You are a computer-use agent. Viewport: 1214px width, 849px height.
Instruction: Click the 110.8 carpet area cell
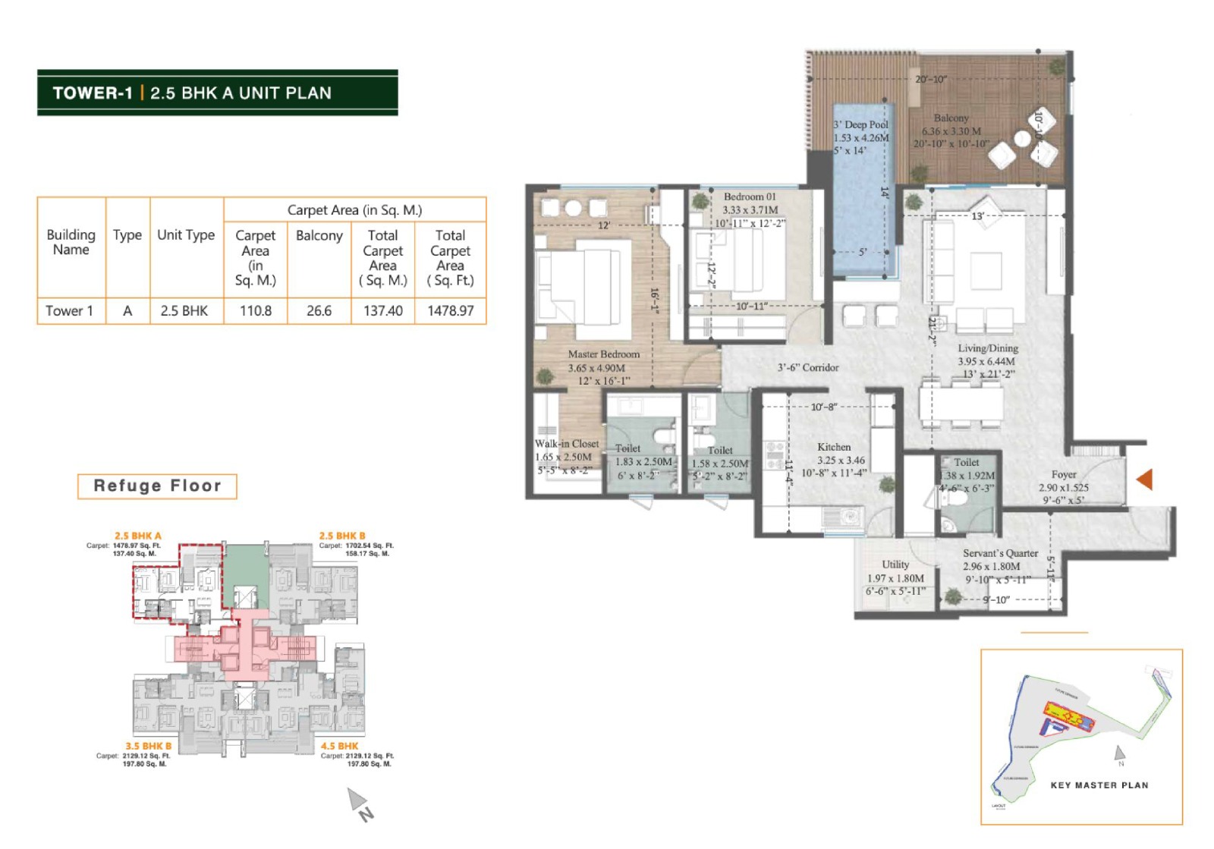point(256,310)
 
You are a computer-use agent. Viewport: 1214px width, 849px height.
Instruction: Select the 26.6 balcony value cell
point(319,310)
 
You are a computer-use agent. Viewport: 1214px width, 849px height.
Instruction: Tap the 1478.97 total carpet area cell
point(450,310)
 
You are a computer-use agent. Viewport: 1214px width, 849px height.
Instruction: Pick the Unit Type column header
point(186,235)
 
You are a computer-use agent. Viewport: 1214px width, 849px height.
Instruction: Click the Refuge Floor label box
point(157,486)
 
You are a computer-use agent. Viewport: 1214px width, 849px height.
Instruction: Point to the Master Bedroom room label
point(604,354)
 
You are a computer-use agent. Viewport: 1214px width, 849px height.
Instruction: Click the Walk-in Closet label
point(567,444)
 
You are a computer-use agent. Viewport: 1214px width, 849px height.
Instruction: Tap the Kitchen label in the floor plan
point(834,447)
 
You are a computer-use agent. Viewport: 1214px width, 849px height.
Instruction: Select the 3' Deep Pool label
point(860,124)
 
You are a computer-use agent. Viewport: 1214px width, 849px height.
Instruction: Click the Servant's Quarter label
point(1000,553)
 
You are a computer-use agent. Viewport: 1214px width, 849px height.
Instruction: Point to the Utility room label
point(895,564)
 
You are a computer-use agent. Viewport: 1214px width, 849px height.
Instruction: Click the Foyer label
point(1064,474)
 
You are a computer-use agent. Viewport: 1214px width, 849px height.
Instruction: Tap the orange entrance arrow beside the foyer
point(1145,479)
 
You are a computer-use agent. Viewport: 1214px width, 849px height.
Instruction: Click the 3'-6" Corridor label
point(808,367)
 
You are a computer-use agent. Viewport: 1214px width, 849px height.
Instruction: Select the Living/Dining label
point(987,348)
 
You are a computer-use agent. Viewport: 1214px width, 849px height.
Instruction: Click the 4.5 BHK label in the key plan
point(339,746)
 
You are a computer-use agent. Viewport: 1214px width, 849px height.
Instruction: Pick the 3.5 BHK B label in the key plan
point(149,746)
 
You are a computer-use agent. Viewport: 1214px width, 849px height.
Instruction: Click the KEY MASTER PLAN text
point(1099,785)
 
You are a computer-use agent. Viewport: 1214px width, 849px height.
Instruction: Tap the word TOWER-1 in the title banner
point(93,93)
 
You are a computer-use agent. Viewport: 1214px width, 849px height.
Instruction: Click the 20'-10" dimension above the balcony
point(930,80)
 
